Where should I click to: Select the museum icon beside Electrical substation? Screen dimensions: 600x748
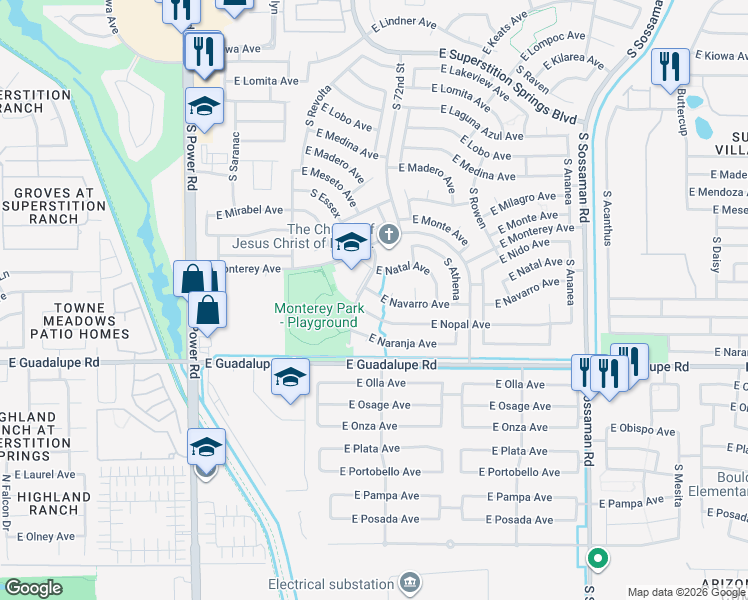[x=409, y=582]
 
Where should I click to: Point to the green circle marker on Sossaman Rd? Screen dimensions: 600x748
[x=597, y=559]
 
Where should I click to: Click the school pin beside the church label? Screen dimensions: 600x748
[x=351, y=243]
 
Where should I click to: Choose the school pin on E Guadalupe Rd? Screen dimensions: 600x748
[x=290, y=377]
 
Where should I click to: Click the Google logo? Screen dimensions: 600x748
[x=33, y=588]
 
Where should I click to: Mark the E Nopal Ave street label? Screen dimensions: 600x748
[x=460, y=325]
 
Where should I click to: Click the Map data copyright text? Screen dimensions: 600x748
[x=686, y=592]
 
